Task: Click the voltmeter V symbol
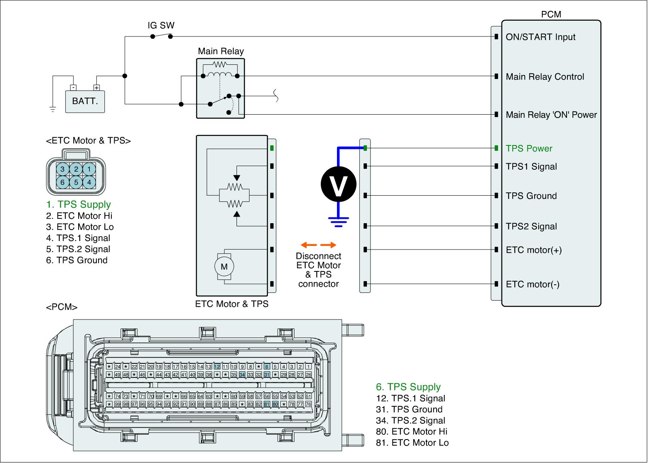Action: coord(339,184)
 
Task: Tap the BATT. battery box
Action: coord(85,101)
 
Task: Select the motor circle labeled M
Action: coord(224,267)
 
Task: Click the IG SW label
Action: coord(161,26)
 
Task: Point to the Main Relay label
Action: coord(221,51)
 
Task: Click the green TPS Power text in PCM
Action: coord(529,148)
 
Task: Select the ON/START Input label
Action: coord(540,37)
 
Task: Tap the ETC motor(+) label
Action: coord(534,250)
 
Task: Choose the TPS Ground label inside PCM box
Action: coord(531,196)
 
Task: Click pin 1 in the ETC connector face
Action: coord(89,169)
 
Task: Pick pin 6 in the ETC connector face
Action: coord(62,182)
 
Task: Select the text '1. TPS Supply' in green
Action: coord(79,205)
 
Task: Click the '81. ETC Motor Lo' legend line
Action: coord(412,443)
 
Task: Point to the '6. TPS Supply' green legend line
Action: coord(408,387)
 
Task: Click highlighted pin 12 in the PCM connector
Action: coord(217,367)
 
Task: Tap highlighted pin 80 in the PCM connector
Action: coord(275,404)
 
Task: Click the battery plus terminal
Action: coord(96,87)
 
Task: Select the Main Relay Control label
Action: coord(545,77)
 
